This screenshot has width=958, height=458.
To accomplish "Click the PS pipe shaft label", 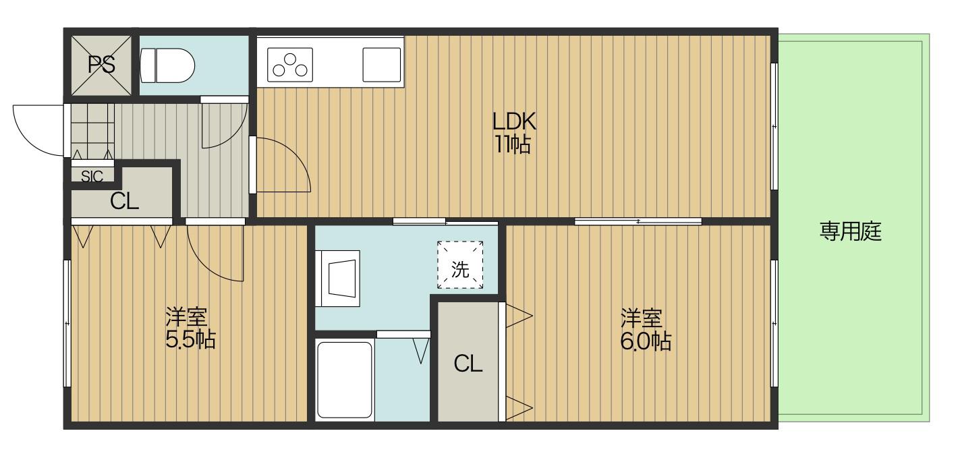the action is (x=101, y=65).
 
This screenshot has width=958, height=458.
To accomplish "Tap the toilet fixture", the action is (x=167, y=65).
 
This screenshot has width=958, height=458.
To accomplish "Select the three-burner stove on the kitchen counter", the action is (x=290, y=65).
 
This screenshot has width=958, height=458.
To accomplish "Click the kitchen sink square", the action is (x=382, y=65).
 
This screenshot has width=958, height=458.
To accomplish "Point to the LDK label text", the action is (x=514, y=121).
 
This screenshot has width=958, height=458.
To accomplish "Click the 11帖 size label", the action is (x=513, y=144).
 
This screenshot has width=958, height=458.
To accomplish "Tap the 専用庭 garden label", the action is (x=850, y=231).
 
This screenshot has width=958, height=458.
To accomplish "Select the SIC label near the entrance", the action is (x=92, y=176).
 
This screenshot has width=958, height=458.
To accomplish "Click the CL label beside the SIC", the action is (x=124, y=201).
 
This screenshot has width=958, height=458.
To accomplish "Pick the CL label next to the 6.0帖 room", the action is (x=468, y=364).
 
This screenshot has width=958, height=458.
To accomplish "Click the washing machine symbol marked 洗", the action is (x=460, y=264).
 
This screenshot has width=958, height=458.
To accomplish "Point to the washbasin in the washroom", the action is (x=337, y=279).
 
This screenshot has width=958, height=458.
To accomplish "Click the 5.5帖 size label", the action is (x=190, y=341).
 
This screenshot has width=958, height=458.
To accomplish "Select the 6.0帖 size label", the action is (x=646, y=342).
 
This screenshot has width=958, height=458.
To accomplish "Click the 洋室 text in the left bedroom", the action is (x=186, y=317).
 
